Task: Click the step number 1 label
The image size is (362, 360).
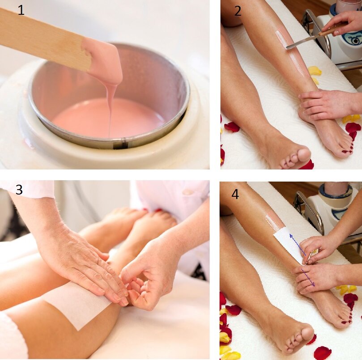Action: coord(21,10)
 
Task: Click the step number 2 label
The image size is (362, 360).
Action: coord(238,11)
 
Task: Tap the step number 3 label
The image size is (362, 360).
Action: coord(19,190)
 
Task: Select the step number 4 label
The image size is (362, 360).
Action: coord(235,194)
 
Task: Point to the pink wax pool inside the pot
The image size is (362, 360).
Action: coord(108,117)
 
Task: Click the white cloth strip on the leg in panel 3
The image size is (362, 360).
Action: coord(76,302)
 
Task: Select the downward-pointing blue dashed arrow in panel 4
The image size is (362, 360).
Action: coord(308,277)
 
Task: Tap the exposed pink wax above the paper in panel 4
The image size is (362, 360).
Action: coord(273,222)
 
